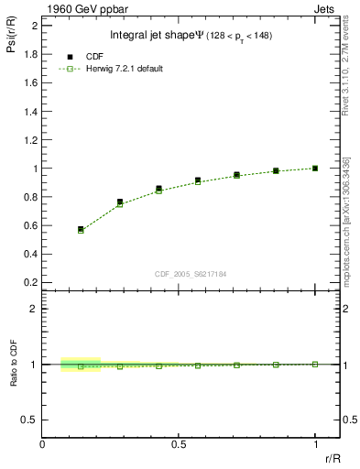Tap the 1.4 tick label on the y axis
pyautogui.click(x=30, y=112)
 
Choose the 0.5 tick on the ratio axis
pyautogui.click(x=30, y=420)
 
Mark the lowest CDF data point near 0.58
pyautogui.click(x=81, y=229)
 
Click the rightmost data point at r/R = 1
pyautogui.click(x=315, y=169)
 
